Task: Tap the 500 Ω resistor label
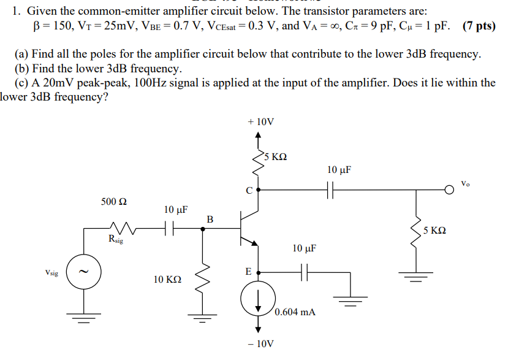click(x=115, y=202)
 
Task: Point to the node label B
click(x=210, y=219)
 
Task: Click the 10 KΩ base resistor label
click(x=167, y=280)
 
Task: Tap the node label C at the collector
click(x=249, y=190)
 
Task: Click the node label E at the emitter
click(x=248, y=270)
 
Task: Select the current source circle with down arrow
click(x=257, y=300)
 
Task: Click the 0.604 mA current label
click(x=295, y=312)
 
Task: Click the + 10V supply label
click(x=260, y=122)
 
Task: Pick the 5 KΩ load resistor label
click(x=434, y=231)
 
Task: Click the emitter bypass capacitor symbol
click(x=304, y=270)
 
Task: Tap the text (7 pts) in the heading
click(x=480, y=26)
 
